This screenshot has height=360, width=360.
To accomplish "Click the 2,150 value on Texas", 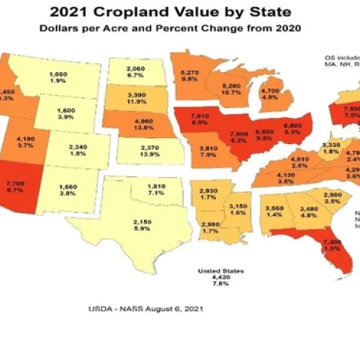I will pyautogui.click(x=121, y=222).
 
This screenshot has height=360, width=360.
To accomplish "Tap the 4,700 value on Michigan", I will pyautogui.click(x=268, y=89).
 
